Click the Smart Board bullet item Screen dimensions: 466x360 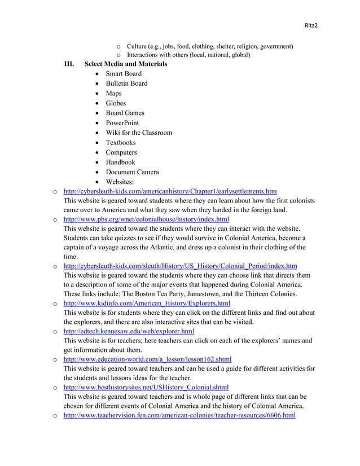[124, 74]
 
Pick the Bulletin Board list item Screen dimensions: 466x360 [126, 83]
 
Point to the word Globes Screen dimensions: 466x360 [116, 103]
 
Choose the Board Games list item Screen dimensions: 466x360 [125, 113]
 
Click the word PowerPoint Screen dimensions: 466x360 [122, 123]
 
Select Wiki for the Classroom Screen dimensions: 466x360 [139, 133]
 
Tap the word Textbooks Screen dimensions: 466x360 [121, 143]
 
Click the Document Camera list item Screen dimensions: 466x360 [132, 172]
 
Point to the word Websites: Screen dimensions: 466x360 [121, 182]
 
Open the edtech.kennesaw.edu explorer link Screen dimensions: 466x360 [129, 331]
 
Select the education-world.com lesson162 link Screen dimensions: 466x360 [147, 359]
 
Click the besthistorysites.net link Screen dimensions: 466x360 [146, 386]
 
